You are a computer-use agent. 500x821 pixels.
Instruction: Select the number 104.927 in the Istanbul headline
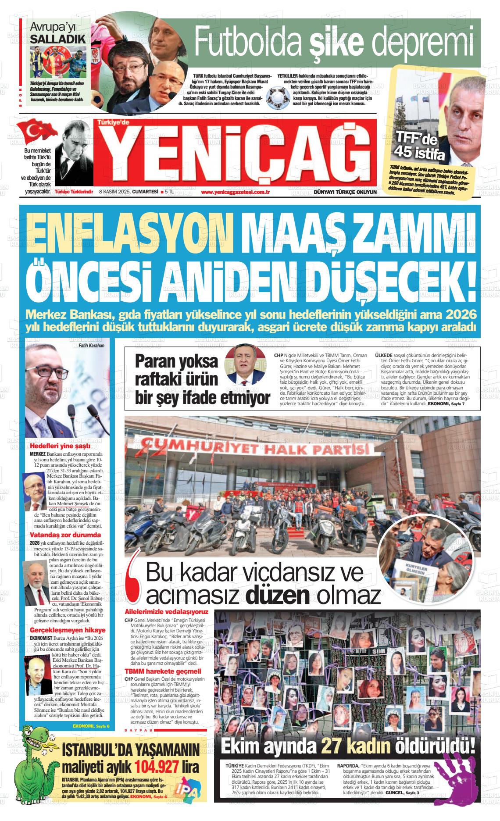(157, 767)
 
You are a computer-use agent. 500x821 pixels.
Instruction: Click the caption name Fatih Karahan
(92, 346)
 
